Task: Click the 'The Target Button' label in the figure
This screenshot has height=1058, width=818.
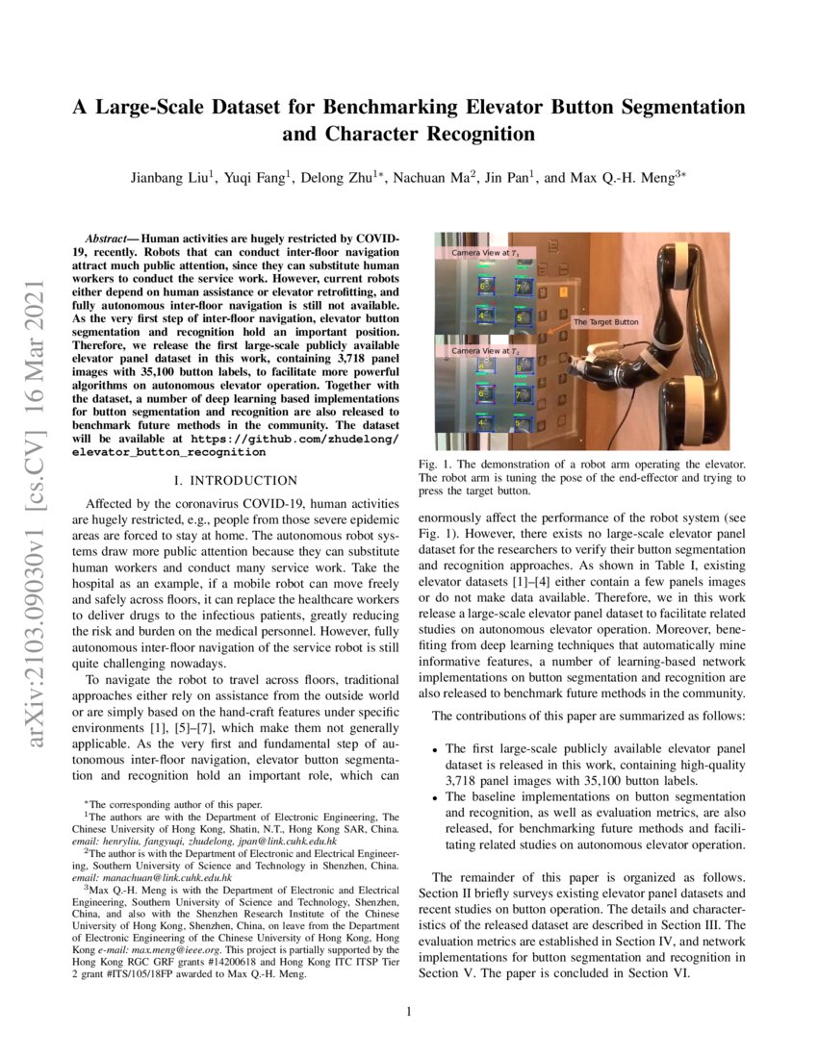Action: click(605, 322)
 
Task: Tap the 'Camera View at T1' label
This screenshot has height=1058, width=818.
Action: click(485, 252)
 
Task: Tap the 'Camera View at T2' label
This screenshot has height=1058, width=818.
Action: click(485, 351)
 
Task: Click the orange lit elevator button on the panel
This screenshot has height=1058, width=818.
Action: click(564, 290)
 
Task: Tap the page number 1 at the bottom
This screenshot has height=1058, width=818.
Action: click(409, 1011)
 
